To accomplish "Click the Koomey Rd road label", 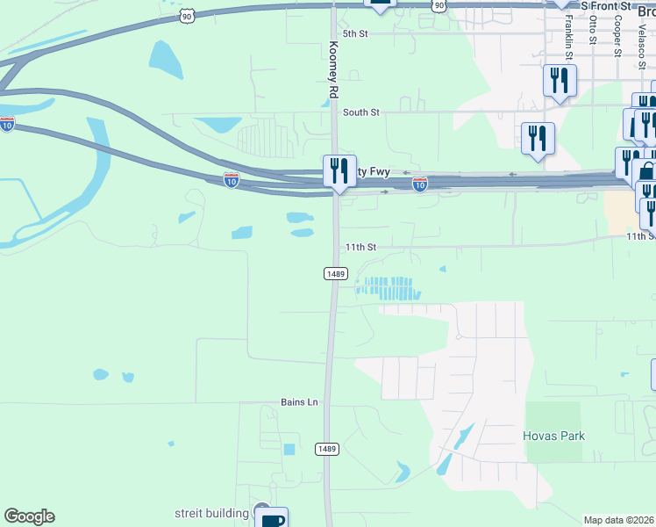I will click(333, 70).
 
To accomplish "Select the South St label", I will click(360, 112).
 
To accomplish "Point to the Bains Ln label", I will click(299, 402).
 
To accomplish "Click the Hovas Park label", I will click(553, 436).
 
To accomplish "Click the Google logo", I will click(29, 516).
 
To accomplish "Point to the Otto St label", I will click(593, 30).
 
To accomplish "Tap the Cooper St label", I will click(618, 35).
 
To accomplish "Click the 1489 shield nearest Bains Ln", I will click(326, 449).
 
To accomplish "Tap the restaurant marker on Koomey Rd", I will click(339, 169).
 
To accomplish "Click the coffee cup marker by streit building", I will click(272, 520).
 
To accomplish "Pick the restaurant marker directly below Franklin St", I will click(559, 81).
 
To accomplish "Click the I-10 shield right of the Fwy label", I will click(420, 184).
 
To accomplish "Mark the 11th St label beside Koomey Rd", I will click(360, 248).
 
